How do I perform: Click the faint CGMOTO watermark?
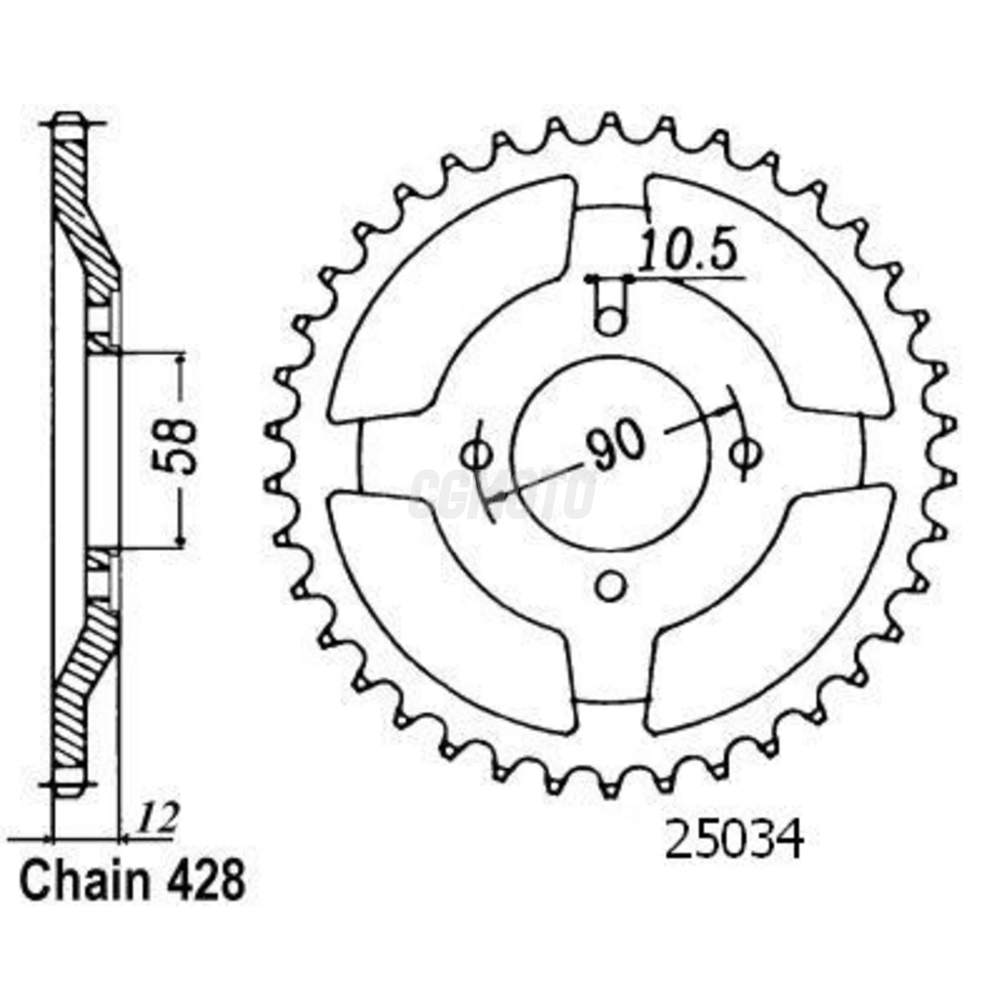[x=501, y=494]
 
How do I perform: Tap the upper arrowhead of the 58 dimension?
[x=180, y=359]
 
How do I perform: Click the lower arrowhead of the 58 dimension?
[x=180, y=541]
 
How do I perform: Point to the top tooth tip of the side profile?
[x=69, y=122]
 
